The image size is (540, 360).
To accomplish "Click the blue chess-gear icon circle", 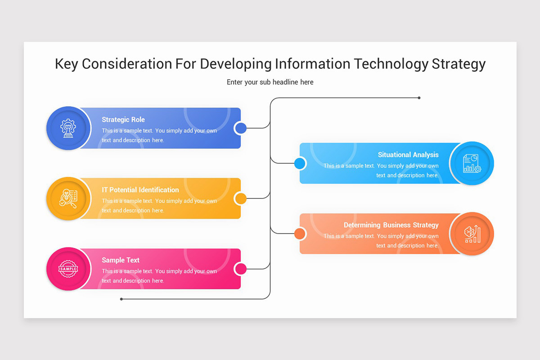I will [68, 128].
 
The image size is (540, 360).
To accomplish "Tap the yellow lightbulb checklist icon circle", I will [68, 198].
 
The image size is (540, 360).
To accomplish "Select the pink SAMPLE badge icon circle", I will [68, 269].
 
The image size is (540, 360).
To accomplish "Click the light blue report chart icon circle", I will [472, 163].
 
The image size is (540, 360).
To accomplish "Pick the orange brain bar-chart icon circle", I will [472, 234].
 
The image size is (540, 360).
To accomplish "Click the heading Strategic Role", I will [123, 120].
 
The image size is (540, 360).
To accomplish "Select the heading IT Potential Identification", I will [140, 190].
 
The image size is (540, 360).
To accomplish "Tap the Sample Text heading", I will [121, 260].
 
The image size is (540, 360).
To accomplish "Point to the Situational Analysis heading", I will [408, 155].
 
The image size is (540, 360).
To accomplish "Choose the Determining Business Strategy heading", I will [391, 225].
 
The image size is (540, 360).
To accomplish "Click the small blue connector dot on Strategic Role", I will [241, 128].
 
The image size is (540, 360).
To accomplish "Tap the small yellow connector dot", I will [241, 198].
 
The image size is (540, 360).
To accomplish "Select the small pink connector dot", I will [241, 269].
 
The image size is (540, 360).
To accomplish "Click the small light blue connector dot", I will [300, 163].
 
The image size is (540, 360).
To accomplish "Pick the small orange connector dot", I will [300, 234].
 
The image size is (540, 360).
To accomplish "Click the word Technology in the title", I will [391, 64].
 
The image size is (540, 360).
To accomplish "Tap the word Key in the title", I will [67, 64].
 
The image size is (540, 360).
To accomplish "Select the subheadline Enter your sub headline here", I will [270, 82].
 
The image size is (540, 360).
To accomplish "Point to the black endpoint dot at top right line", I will [419, 98].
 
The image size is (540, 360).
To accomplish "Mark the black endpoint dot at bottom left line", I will [121, 299].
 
